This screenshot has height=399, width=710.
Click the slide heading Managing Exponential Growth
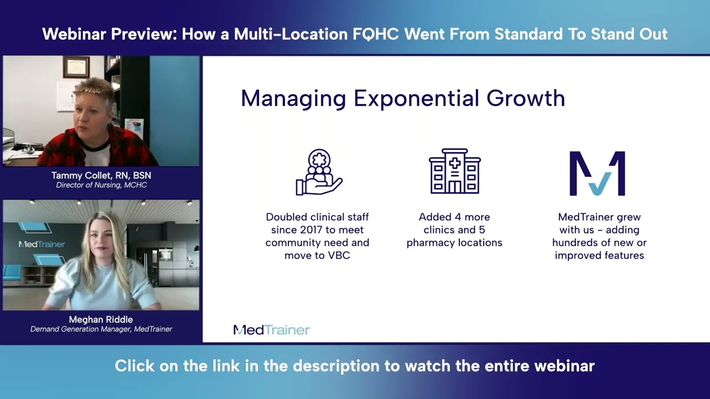point(403,98)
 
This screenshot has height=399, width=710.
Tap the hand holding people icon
point(318,172)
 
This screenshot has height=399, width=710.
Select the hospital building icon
point(454,171)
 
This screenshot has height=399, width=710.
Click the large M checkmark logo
point(597,173)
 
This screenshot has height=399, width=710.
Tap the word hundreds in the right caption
point(575,243)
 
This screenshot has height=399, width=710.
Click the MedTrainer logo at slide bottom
point(271,330)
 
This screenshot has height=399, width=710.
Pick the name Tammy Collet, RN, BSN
point(101,175)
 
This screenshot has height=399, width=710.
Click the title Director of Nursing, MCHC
point(101,185)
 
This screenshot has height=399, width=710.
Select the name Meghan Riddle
point(101,319)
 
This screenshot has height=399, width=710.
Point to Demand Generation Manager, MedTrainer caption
point(101,329)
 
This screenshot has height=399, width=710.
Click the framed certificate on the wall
point(75,66)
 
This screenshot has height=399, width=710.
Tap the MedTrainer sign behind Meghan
point(42,244)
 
